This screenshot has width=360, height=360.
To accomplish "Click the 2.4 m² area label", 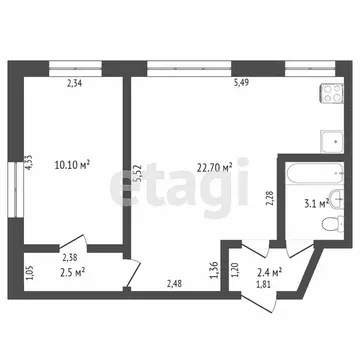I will (269, 271).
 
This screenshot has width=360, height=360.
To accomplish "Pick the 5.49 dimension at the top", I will (241, 84).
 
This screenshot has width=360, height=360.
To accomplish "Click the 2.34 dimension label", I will (75, 84).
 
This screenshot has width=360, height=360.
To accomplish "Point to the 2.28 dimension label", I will (269, 198).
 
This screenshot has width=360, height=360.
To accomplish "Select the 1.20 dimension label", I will (236, 269).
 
